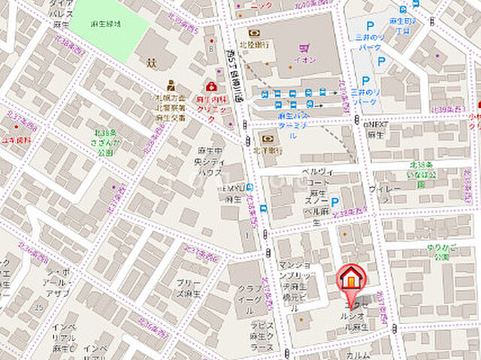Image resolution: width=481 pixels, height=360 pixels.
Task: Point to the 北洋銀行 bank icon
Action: click(267, 138)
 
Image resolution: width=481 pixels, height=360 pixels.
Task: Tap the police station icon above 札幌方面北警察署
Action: click(171, 84)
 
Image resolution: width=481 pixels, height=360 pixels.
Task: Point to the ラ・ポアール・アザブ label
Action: click(58, 283)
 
